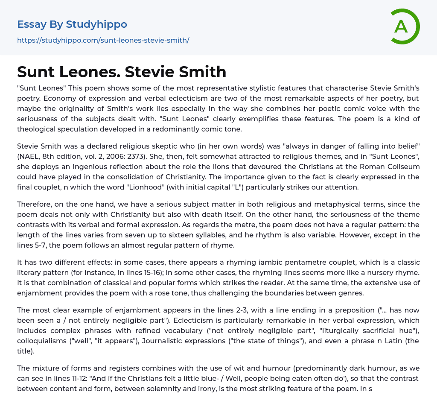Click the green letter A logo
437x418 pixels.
click(x=405, y=26)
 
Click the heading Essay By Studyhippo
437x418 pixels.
click(x=72, y=24)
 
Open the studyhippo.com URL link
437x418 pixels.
click(x=103, y=40)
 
